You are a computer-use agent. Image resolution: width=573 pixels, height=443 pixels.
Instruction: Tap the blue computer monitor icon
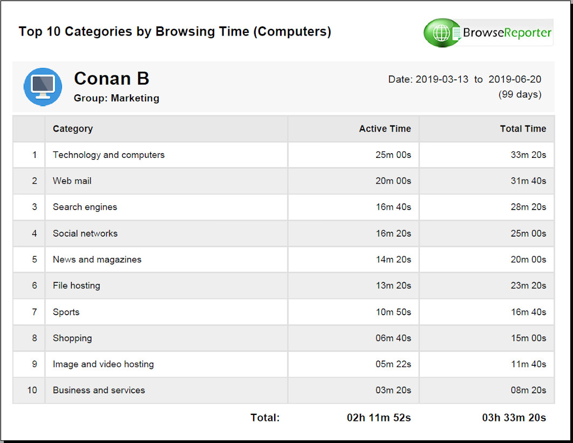tap(43, 87)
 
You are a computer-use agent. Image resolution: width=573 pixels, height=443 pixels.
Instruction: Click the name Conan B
tap(111, 79)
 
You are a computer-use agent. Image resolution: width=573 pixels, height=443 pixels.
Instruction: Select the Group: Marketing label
tap(117, 98)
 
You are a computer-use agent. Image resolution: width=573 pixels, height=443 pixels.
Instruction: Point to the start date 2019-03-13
tap(442, 79)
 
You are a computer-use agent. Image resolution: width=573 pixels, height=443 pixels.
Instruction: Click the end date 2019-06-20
tap(515, 79)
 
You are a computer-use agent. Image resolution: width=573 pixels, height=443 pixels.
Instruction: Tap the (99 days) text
tap(520, 94)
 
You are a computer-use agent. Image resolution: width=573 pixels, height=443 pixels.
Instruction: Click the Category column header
tap(73, 129)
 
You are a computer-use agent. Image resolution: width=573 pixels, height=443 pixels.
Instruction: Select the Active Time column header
tap(385, 129)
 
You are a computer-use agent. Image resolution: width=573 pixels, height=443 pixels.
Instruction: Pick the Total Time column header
tap(523, 129)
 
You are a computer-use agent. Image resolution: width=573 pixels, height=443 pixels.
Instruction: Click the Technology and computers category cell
tap(108, 155)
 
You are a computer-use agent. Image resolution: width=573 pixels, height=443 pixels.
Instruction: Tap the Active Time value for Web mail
tap(393, 181)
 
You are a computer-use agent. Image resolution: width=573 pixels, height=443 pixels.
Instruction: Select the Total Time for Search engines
tap(528, 207)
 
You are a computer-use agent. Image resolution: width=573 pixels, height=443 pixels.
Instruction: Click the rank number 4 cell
tap(35, 233)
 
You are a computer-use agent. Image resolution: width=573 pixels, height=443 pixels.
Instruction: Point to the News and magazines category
tap(97, 259)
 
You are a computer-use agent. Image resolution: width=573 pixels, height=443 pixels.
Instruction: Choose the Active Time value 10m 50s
tap(393, 312)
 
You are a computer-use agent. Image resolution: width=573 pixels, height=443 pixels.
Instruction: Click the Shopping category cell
tap(72, 338)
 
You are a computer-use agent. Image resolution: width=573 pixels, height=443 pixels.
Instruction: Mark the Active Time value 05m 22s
tap(393, 364)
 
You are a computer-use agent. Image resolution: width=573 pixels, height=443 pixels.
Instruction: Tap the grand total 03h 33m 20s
tap(514, 418)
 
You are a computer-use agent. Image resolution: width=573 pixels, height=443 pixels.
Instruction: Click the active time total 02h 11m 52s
tap(379, 418)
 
